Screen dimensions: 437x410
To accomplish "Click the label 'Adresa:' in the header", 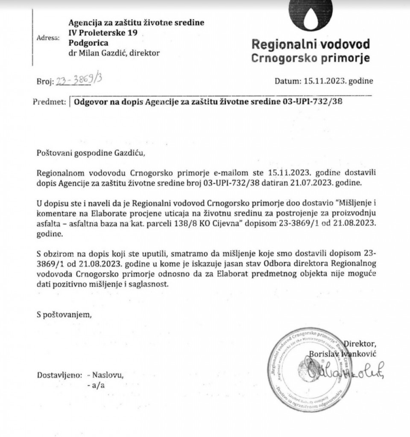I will (48, 38).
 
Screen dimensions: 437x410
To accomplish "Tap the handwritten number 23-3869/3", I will (78, 80).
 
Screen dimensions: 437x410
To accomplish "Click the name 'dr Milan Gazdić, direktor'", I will (114, 53).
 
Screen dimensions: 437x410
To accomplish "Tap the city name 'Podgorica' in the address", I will (88, 43).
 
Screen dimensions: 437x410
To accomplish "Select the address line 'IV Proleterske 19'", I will (103, 33).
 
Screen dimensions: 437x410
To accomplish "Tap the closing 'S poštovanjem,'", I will (64, 315).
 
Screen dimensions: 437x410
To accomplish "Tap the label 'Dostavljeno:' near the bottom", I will (59, 375).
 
